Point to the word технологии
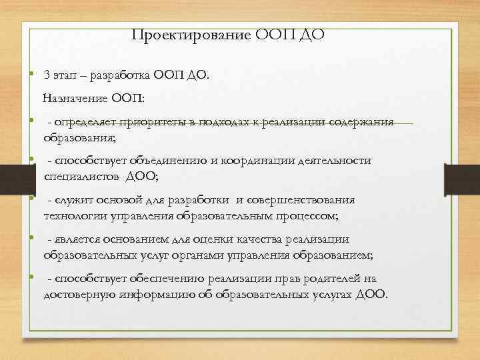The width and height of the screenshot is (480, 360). pos(72,216)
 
